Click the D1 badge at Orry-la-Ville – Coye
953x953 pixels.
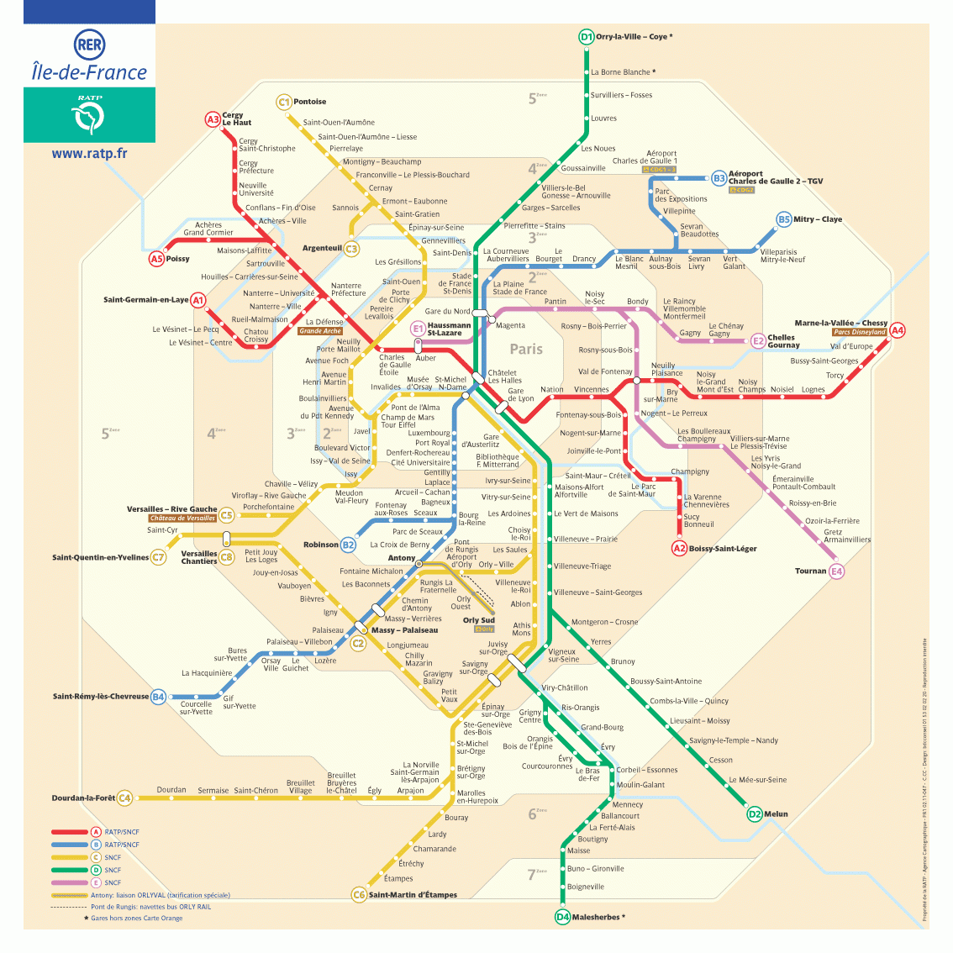[587, 37]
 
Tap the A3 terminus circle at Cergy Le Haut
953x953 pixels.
[213, 119]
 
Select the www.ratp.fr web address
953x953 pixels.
[89, 154]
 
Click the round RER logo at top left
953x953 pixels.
[89, 44]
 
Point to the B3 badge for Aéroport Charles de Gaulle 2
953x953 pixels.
[719, 178]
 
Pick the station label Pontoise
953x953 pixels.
[310, 102]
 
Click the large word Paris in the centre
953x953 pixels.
[526, 349]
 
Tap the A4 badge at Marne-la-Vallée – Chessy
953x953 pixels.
[898, 330]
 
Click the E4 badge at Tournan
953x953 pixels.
[836, 571]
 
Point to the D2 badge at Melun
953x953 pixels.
[755, 813]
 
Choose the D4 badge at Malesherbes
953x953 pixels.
[562, 917]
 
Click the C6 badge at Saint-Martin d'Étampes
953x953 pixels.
[359, 895]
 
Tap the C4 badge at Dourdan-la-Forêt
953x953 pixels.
[124, 798]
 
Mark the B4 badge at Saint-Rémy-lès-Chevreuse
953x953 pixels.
[158, 696]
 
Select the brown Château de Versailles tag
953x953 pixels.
[182, 519]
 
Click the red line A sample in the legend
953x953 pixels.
[70, 832]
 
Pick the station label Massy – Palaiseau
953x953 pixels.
[404, 630]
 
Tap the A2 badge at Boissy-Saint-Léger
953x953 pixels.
[679, 548]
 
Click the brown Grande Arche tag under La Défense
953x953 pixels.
[320, 331]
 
